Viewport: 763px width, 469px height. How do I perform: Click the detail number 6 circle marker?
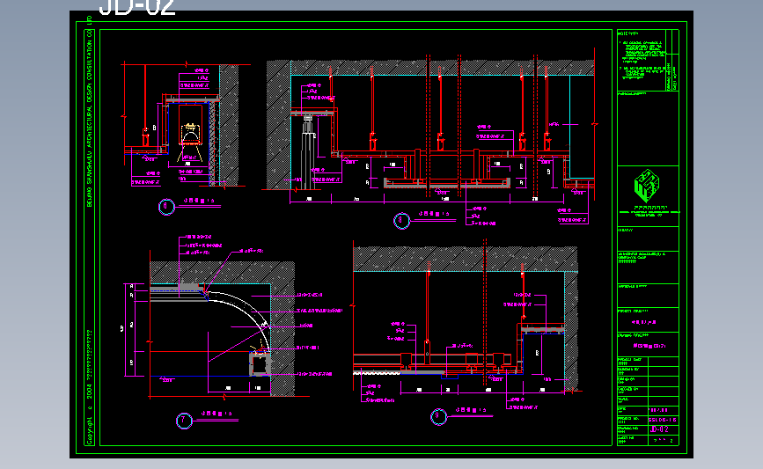pyautogui.click(x=166, y=208)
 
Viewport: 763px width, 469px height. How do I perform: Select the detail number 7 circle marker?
pyautogui.click(x=184, y=421)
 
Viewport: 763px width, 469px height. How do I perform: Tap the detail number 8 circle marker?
pyautogui.click(x=400, y=220)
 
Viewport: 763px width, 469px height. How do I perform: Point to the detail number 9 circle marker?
pyautogui.click(x=437, y=416)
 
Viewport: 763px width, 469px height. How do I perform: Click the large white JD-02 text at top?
pyautogui.click(x=136, y=8)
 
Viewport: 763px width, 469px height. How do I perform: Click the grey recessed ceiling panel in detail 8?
pyautogui.click(x=447, y=184)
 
